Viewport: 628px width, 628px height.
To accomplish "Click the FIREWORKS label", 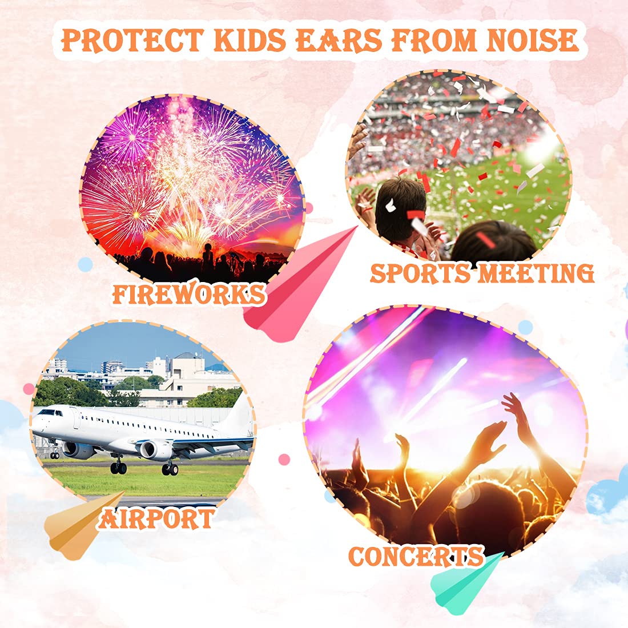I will (189, 295).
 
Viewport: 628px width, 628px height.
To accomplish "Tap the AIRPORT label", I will (156, 519).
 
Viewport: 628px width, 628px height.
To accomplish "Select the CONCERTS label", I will (416, 556).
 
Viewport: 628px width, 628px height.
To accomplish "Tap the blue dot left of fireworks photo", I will (85, 264).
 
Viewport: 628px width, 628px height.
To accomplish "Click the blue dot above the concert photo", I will (525, 327).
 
